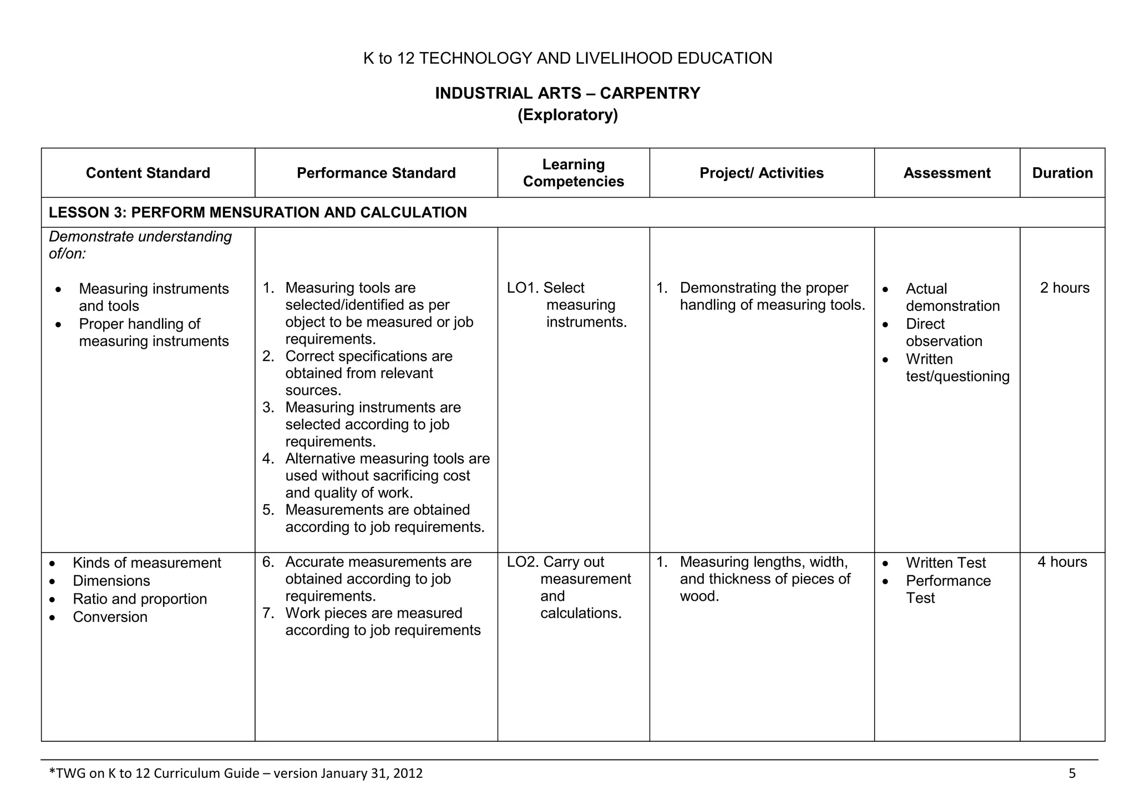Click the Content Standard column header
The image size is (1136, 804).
(x=148, y=173)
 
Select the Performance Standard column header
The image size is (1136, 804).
(x=376, y=173)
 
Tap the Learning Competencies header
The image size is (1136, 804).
(x=574, y=173)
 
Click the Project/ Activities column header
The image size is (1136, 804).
(x=762, y=173)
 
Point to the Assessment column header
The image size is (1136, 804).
(x=947, y=173)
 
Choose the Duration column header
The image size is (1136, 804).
(x=1062, y=173)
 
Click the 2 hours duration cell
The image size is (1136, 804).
(x=1064, y=288)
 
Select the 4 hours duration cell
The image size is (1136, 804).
(x=1062, y=562)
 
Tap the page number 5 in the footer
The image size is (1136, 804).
(x=1072, y=773)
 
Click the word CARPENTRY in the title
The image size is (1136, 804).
(x=650, y=93)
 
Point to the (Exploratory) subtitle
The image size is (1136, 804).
(x=567, y=115)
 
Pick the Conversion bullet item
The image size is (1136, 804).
(x=110, y=617)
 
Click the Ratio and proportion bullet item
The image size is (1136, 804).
(x=140, y=599)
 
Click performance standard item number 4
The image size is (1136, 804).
(x=387, y=476)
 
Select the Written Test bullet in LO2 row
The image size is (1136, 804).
(x=946, y=563)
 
